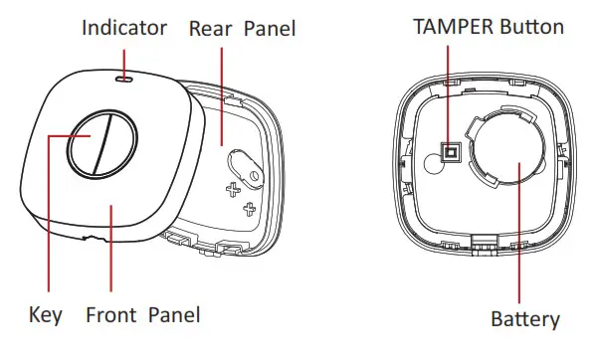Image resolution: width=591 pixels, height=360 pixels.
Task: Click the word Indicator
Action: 123,28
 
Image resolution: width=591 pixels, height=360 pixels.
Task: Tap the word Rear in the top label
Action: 211,28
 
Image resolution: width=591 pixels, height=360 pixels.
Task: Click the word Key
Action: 46,315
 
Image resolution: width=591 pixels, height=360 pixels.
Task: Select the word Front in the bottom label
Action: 111,315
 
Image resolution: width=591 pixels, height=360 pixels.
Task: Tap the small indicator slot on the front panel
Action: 123,74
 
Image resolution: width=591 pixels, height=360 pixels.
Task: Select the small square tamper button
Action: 450,152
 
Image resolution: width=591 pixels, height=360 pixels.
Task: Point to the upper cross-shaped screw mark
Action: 235,188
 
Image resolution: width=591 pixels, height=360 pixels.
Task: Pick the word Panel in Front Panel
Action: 174,315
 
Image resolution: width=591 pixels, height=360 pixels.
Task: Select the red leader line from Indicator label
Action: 123,55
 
